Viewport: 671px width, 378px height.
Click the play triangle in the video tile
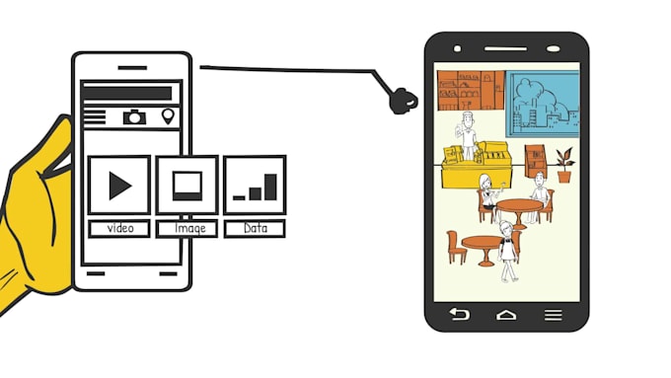(x=119, y=185)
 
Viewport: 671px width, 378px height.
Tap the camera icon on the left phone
(x=134, y=116)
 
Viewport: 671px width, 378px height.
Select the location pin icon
(x=167, y=116)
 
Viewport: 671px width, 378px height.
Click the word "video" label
(x=119, y=228)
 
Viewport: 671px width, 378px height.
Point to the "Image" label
(x=187, y=228)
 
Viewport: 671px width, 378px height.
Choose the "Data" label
(x=254, y=228)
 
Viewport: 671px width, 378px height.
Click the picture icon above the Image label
(x=187, y=185)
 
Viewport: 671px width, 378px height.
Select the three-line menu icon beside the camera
(x=95, y=116)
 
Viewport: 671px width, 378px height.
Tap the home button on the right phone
(x=506, y=315)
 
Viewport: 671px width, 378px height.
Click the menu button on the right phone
(x=553, y=315)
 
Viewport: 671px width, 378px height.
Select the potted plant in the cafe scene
(x=564, y=164)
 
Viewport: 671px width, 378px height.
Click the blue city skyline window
(x=544, y=105)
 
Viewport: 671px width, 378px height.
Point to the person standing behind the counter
(x=467, y=133)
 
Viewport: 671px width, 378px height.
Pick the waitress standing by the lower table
(x=508, y=250)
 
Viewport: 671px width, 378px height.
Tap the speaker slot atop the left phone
(x=131, y=68)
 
